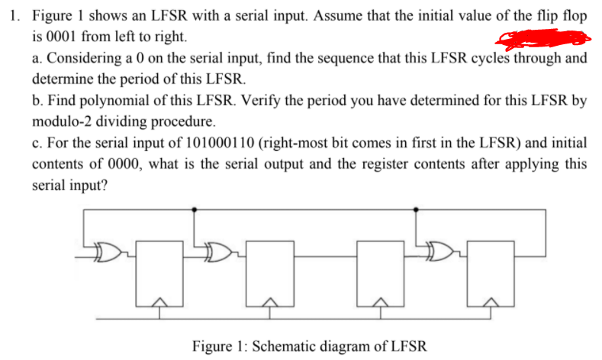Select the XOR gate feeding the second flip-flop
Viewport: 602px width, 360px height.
point(217,250)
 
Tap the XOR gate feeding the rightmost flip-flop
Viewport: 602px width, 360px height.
point(439,250)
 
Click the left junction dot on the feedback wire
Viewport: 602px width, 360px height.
point(196,208)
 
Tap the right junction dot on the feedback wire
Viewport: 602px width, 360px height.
point(417,208)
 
